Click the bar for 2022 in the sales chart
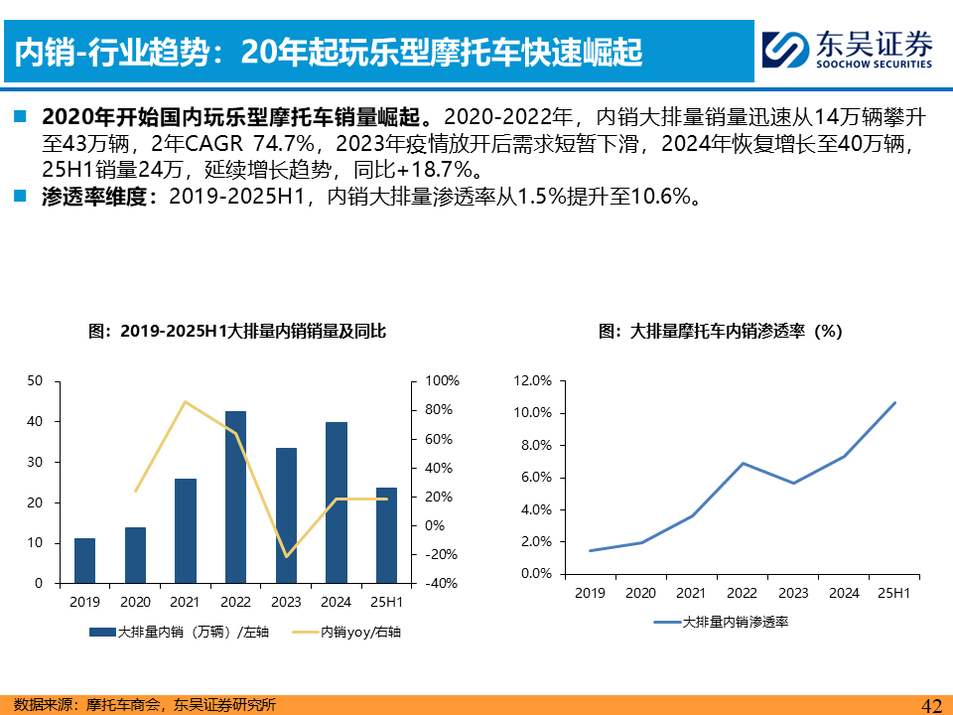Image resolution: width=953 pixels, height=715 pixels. [235, 497]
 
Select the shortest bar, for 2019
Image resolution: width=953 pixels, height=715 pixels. [85, 561]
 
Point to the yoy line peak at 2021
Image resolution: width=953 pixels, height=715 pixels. [185, 401]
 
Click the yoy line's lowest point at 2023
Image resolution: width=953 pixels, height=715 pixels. [286, 556]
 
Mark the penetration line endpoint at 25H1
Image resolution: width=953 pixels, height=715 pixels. [894, 403]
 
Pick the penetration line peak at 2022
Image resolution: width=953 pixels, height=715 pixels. [743, 463]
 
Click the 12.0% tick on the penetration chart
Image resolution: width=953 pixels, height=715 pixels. [533, 381]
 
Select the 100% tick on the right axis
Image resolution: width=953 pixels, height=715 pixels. [442, 381]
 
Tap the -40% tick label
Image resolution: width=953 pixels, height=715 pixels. [442, 584]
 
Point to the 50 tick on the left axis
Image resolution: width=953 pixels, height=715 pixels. [36, 381]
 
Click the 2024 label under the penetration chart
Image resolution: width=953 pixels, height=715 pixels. [844, 593]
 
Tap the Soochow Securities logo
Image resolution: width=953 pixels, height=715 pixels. [849, 48]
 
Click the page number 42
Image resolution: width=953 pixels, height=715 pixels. [931, 705]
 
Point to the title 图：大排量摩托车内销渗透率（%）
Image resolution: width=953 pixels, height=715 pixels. [720, 333]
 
